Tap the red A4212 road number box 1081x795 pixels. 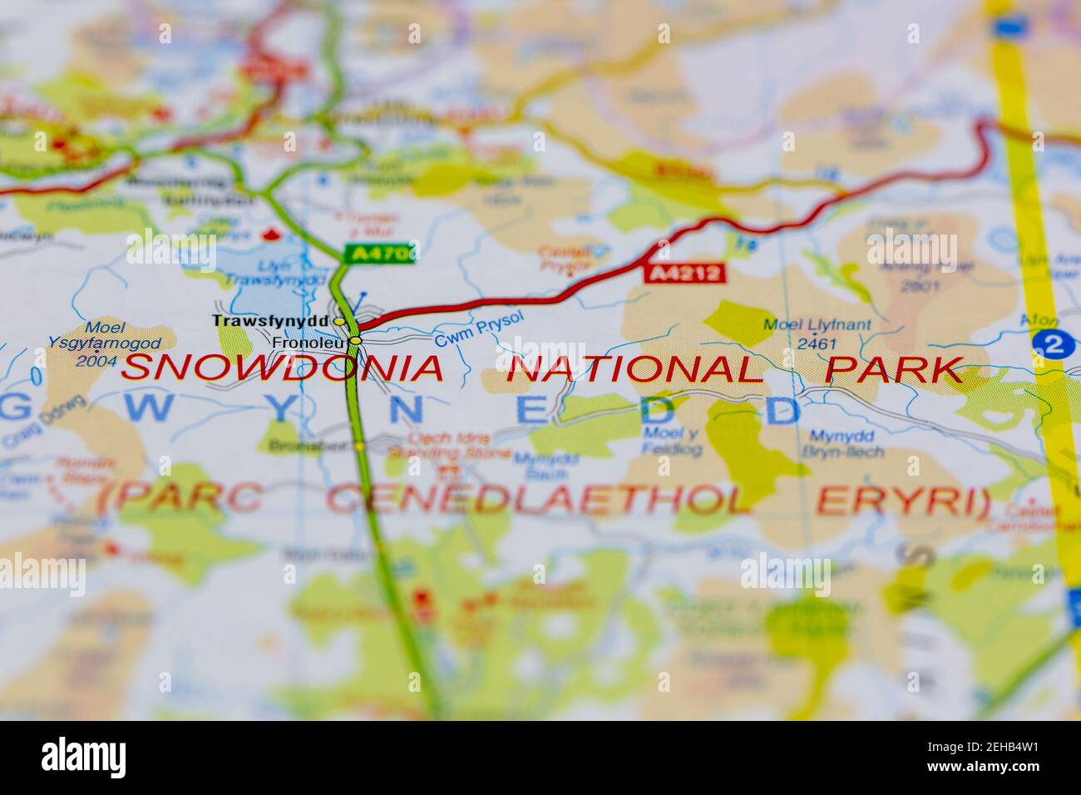pos(684,273)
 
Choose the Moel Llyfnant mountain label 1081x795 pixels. pos(817,325)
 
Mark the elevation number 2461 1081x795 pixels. pos(817,343)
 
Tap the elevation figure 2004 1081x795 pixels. pos(96,360)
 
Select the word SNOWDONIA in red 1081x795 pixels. pos(283,368)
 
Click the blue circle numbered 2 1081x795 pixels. pos(1053,343)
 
